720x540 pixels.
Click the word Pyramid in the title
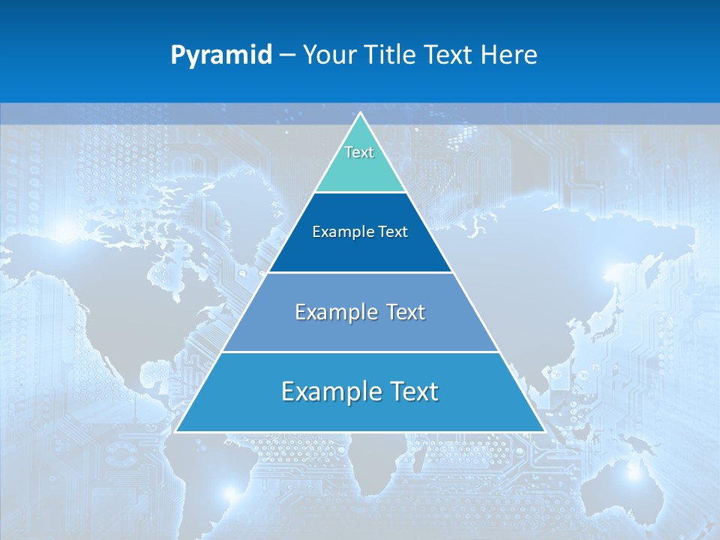pyautogui.click(x=221, y=55)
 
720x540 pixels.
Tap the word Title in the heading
pyautogui.click(x=390, y=55)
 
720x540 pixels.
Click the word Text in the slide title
pyautogui.click(x=449, y=55)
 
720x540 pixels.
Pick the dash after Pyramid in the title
pyautogui.click(x=286, y=55)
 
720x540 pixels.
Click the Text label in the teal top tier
pyautogui.click(x=359, y=152)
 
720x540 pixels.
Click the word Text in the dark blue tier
pyautogui.click(x=393, y=232)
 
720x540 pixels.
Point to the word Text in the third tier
pyautogui.click(x=406, y=312)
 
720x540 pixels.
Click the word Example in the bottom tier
pyautogui.click(x=331, y=391)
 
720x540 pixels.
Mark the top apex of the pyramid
pyautogui.click(x=360, y=113)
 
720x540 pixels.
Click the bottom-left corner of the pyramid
pyautogui.click(x=176, y=432)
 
